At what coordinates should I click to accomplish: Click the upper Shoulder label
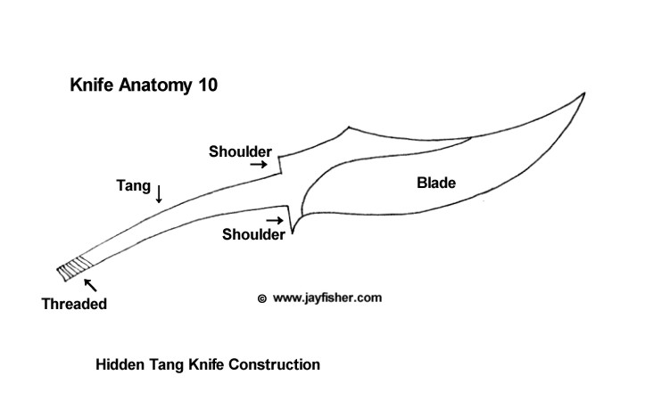240,151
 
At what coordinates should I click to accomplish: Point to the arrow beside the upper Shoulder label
259,165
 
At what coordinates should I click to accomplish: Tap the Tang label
132,186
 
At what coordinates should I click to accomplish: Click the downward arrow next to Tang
159,193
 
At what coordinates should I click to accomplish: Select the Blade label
436,184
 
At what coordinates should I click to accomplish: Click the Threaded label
74,304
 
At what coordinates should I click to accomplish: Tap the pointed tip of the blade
584,93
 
